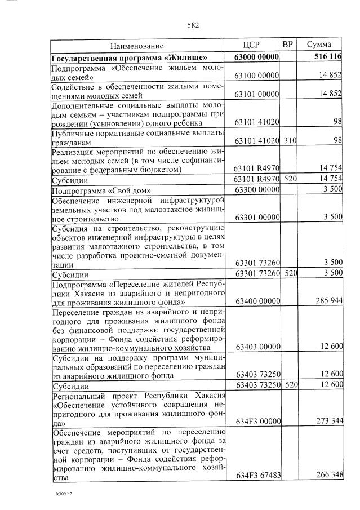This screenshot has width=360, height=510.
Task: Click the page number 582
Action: [x=193, y=25]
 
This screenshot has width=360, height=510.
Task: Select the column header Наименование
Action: [x=137, y=45]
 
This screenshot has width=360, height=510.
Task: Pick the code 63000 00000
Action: [x=256, y=57]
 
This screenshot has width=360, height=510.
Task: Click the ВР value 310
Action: [x=289, y=140]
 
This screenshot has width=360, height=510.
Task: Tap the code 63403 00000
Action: [x=257, y=347]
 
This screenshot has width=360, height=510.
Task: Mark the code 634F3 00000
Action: [x=257, y=421]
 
